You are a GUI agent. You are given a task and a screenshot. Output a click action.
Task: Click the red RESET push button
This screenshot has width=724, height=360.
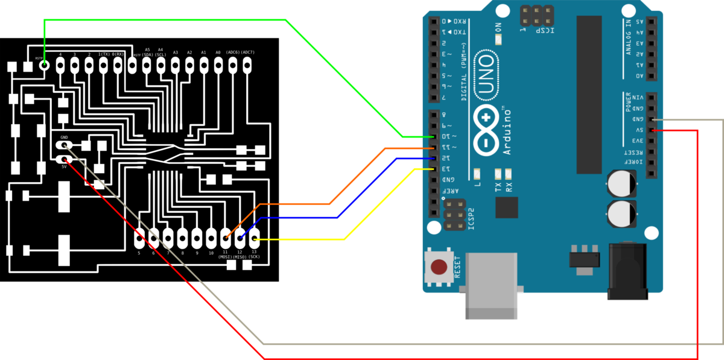439,267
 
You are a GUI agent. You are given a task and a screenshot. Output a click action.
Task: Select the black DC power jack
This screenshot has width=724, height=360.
627,271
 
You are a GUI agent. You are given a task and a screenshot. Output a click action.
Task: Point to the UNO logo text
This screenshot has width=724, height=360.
486,75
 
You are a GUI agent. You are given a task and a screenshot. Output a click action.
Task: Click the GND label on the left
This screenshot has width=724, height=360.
64,137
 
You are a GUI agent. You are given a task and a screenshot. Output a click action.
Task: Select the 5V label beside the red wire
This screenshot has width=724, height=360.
64,166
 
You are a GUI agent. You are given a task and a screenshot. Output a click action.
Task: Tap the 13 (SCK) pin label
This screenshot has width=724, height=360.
254,254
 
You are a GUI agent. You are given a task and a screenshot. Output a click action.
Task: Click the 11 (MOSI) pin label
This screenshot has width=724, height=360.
225,254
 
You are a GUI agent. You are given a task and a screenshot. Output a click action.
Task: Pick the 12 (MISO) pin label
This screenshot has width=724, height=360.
240,254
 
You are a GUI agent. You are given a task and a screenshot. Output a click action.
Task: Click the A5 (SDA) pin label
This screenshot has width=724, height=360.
147,52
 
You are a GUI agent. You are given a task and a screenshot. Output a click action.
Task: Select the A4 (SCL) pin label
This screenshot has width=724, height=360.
160,52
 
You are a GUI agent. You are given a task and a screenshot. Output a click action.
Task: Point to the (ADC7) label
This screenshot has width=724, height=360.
247,52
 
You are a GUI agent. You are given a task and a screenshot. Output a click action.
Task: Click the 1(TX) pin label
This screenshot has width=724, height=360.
104,54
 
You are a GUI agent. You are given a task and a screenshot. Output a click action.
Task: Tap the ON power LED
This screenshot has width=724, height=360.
498,39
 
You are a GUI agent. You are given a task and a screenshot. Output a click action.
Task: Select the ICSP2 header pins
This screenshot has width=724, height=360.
454,215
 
